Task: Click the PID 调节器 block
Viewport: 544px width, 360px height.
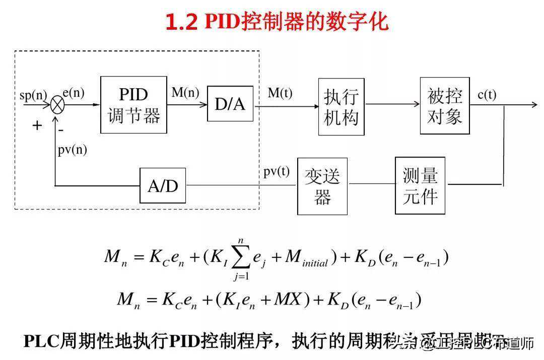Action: pos(133,105)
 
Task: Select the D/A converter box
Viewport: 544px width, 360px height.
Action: pos(230,104)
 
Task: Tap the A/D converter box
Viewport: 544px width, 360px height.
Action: pos(163,186)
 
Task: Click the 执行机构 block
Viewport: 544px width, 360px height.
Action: pos(341,106)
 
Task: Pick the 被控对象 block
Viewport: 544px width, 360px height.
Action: pos(445,106)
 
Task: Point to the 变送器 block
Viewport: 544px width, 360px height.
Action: pos(322,186)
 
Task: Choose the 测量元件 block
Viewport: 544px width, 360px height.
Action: pos(420,186)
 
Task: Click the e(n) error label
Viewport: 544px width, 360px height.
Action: pos(74,93)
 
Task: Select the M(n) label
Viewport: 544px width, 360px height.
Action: pos(185,93)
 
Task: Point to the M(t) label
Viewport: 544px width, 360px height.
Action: pos(280,93)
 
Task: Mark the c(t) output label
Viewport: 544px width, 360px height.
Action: pos(487,94)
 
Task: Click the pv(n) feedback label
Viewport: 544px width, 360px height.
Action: pos(72,150)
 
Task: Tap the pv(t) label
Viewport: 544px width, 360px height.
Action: pos(277,171)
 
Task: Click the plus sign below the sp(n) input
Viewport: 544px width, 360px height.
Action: pos(37,125)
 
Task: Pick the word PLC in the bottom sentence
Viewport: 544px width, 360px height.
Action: pos(41,341)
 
